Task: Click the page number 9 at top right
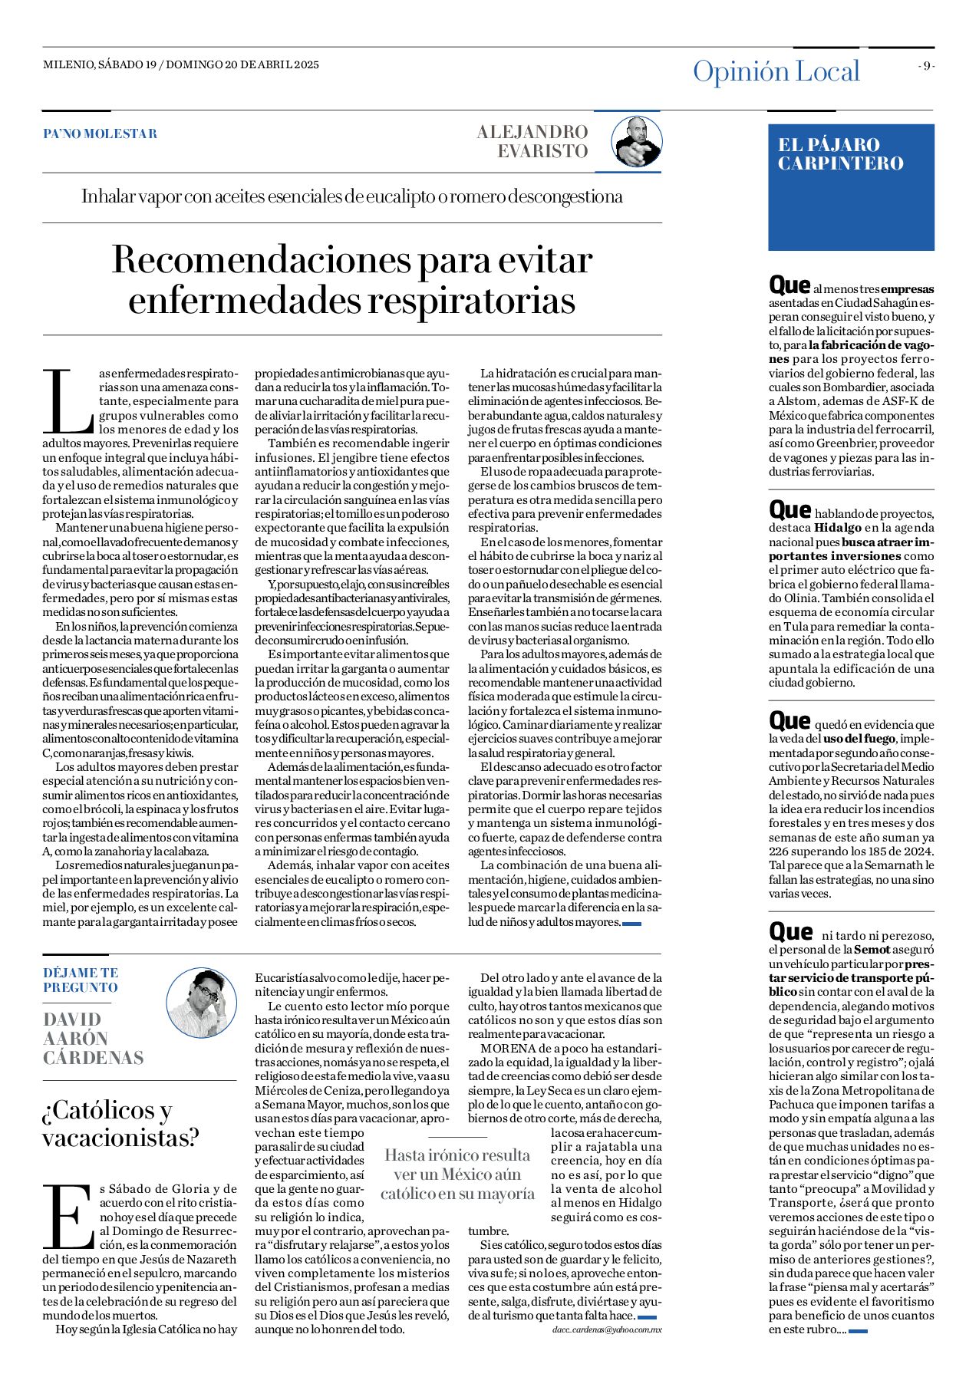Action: [x=927, y=66]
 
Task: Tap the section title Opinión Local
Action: [x=776, y=71]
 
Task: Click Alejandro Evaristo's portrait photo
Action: [x=636, y=142]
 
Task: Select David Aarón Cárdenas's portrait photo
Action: [x=202, y=1003]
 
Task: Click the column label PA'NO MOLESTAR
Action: [x=100, y=133]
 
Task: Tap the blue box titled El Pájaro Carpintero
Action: [x=851, y=187]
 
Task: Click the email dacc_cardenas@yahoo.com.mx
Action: [x=606, y=1329]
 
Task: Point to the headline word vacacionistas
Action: [x=120, y=1138]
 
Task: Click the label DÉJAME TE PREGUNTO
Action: [x=81, y=980]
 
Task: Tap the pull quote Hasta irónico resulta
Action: [x=457, y=1155]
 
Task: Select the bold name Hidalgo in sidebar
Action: [x=837, y=528]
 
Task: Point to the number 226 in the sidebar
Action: [x=781, y=851]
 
